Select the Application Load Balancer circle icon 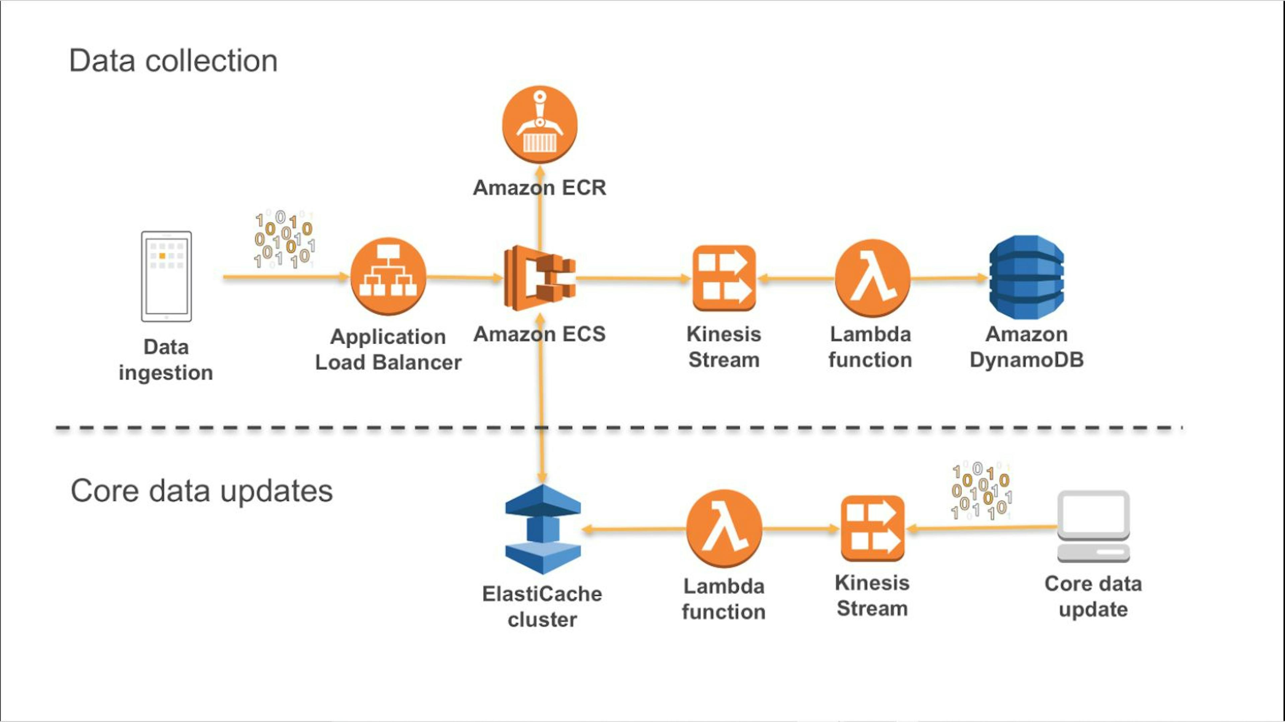tap(388, 277)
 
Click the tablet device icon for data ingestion tap(166, 276)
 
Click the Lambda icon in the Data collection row tap(872, 278)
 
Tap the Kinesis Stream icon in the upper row tap(724, 278)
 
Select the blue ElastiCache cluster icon tap(543, 529)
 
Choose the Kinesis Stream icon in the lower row tap(872, 528)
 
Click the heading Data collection tap(173, 61)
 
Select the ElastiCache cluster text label tap(542, 606)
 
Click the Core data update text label tap(1093, 596)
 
